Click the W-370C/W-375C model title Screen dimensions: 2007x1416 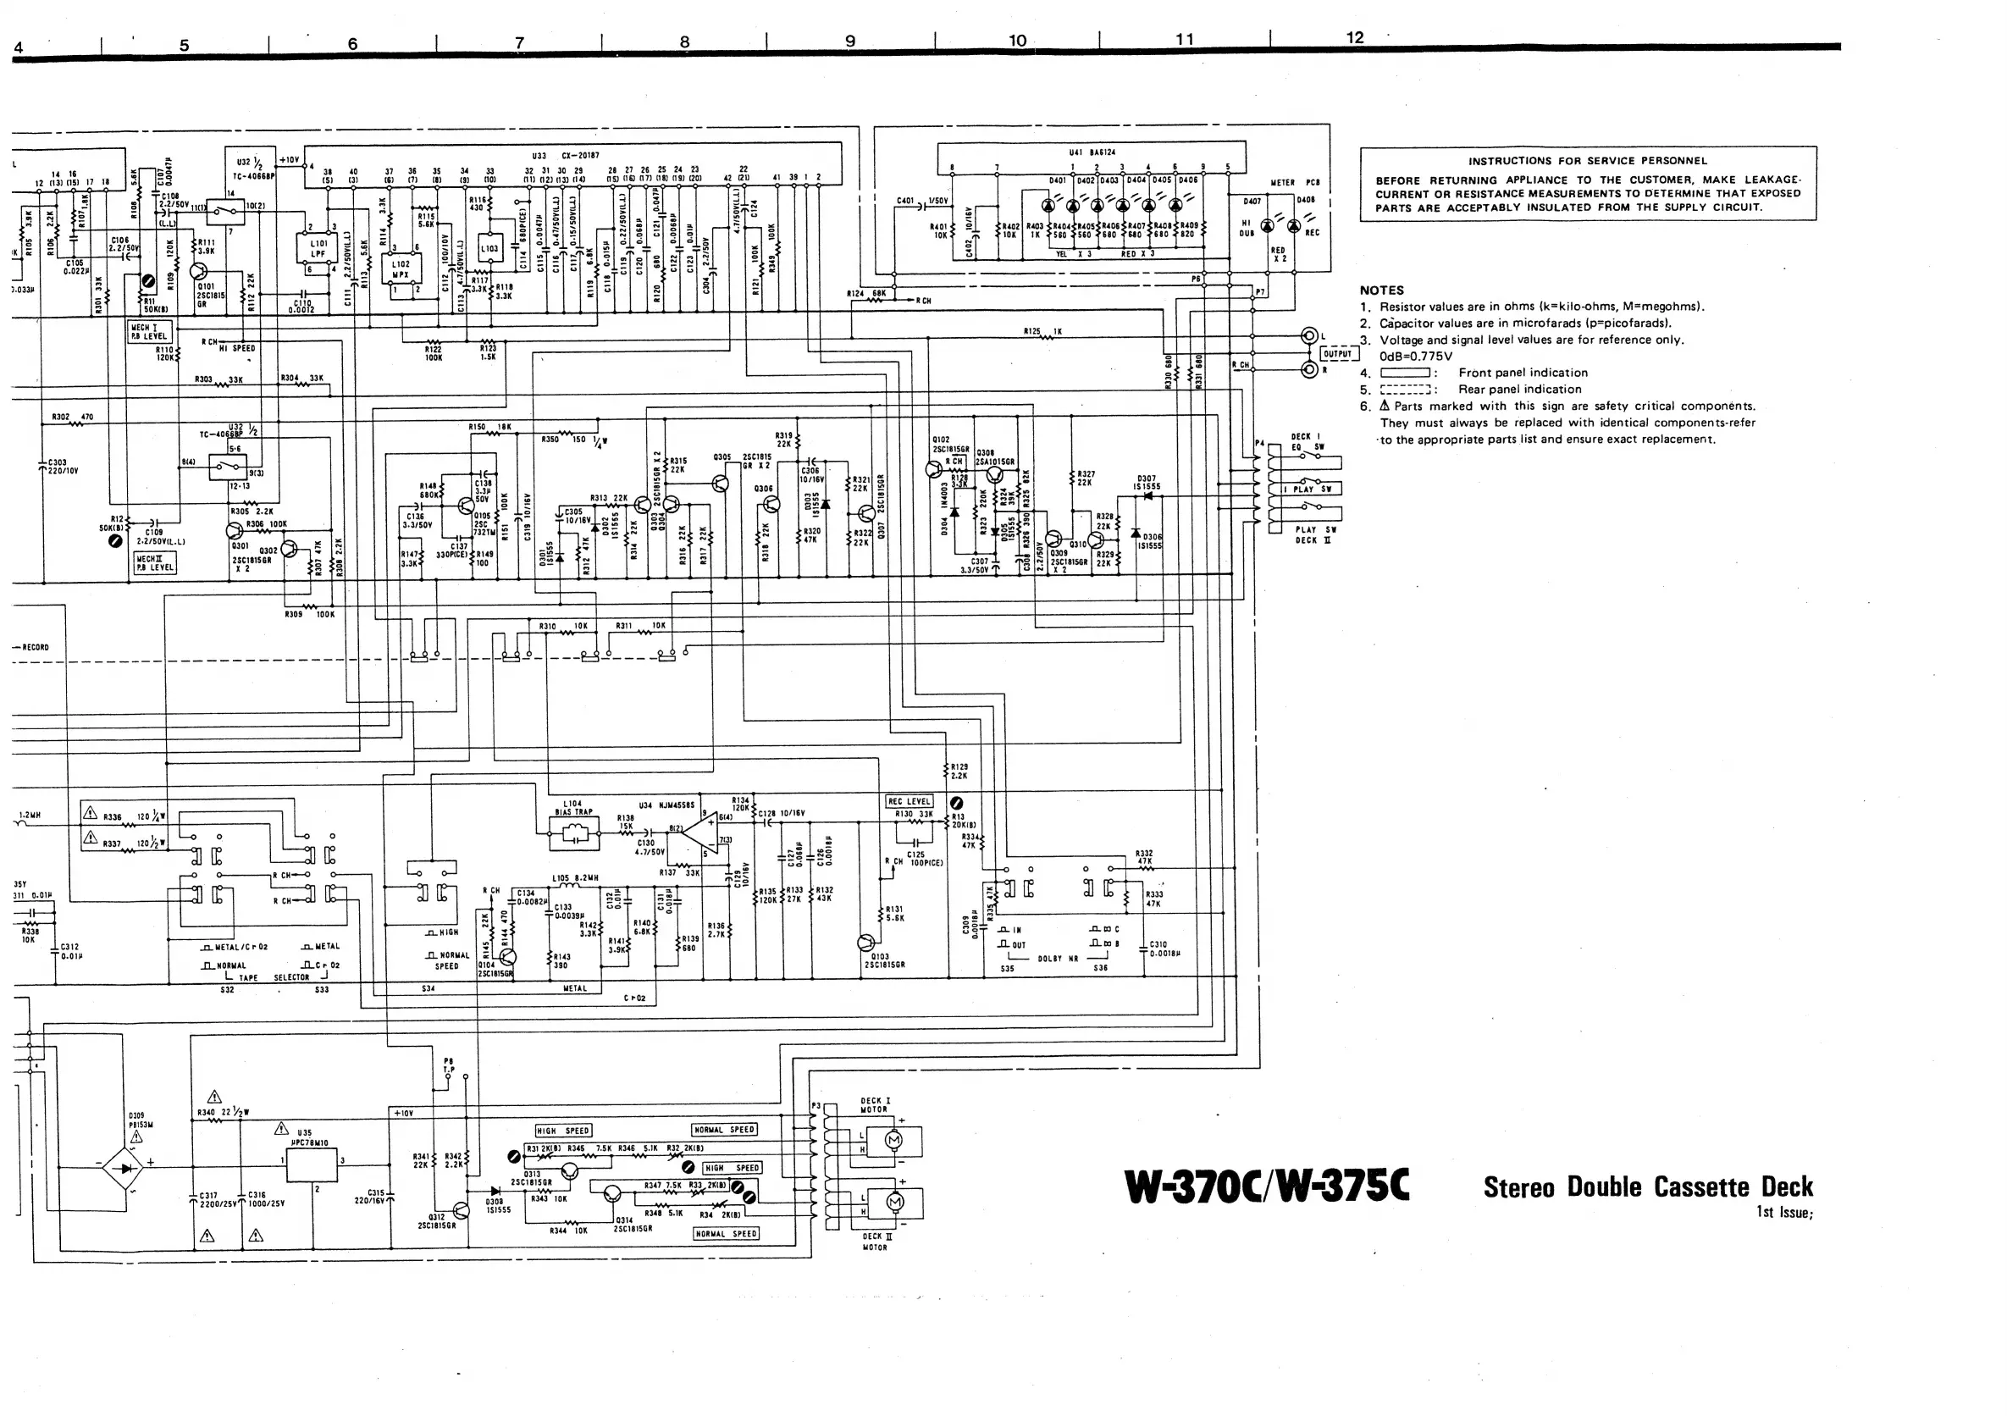coord(1267,1186)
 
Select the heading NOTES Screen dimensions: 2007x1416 coord(1381,290)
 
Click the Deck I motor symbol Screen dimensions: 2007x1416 coord(893,1141)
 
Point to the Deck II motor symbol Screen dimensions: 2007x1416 coord(893,1203)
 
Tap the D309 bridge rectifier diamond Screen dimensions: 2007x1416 coord(130,1166)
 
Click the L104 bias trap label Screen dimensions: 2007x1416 coord(573,807)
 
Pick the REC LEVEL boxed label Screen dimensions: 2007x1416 coord(910,801)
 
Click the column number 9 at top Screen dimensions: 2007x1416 coord(849,41)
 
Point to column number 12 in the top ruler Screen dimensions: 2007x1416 coord(1354,37)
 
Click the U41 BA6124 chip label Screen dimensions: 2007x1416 coord(1092,152)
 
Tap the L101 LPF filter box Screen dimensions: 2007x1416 coord(318,249)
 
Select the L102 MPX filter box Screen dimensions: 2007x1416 coord(401,269)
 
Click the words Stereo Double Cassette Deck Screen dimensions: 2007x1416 coord(1648,1186)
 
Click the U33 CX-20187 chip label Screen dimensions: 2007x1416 coord(564,156)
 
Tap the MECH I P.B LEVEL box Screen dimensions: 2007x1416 coord(150,332)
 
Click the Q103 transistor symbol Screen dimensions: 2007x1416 coord(865,943)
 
